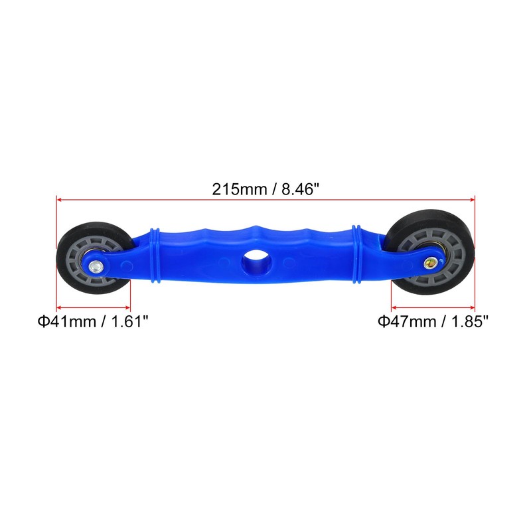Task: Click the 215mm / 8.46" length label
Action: coord(265,189)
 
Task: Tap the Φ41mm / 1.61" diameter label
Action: coord(92,322)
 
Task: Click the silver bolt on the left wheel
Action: coord(97,266)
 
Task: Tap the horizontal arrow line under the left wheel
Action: coord(93,307)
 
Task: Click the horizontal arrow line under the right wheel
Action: coord(433,307)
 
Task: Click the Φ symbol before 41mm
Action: coord(43,322)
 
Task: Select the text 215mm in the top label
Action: coord(233,189)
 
